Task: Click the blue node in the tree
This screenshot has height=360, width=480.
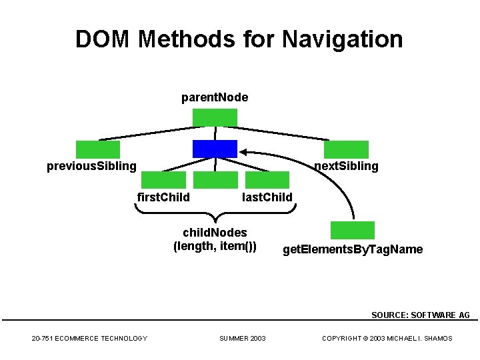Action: click(x=215, y=149)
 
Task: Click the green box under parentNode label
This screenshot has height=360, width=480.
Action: click(x=215, y=117)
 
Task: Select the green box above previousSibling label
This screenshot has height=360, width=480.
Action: click(x=98, y=149)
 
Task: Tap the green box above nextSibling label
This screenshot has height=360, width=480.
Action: click(x=346, y=149)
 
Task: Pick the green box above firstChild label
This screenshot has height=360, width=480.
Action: click(x=163, y=180)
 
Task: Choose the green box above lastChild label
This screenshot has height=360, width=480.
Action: click(x=267, y=180)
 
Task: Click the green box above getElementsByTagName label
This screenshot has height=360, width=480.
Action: click(x=353, y=230)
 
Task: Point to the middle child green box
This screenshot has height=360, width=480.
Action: click(x=215, y=180)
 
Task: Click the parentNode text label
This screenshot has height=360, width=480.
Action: click(x=215, y=98)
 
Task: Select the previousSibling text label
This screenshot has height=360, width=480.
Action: click(x=91, y=166)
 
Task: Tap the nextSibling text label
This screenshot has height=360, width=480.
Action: click(x=346, y=166)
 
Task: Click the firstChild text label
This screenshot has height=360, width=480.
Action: click(x=163, y=197)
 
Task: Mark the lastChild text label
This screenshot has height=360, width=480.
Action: click(x=267, y=197)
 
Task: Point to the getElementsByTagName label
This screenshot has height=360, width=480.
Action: click(x=353, y=250)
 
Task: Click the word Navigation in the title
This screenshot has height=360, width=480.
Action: click(x=343, y=39)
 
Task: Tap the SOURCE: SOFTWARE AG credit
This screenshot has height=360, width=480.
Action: click(x=421, y=315)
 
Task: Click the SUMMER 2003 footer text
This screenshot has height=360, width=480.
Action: click(x=243, y=339)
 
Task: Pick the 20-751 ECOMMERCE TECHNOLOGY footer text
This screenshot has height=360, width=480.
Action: click(x=89, y=339)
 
